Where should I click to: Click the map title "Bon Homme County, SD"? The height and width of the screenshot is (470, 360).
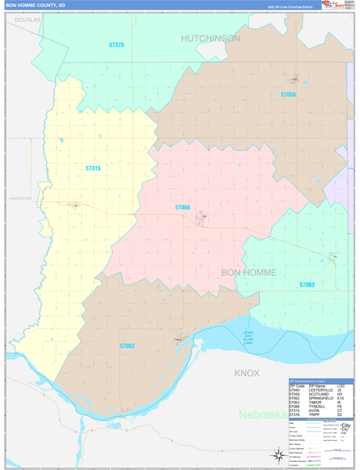35,5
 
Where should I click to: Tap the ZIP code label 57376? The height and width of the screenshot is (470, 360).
117,45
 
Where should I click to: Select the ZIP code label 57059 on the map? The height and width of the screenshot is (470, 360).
288,95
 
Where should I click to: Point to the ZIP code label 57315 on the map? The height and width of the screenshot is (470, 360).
93,168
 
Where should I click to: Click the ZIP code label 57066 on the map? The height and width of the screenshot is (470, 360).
182,208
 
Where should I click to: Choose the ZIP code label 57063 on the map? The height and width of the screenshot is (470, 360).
307,285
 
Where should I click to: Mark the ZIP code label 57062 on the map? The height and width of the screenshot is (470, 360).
127,345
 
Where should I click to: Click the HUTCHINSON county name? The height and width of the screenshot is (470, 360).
211,38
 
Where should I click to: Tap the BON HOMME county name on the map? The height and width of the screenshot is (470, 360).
249,272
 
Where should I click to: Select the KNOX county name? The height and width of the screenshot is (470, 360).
247,373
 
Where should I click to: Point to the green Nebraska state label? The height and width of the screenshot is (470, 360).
261,414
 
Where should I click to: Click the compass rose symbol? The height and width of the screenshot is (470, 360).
278,454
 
